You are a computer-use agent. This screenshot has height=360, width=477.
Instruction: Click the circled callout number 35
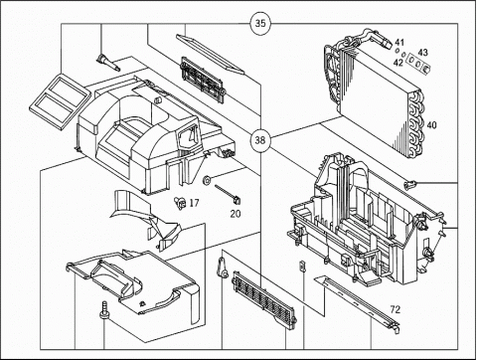point(260,24)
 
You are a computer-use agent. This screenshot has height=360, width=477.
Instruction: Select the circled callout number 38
point(260,140)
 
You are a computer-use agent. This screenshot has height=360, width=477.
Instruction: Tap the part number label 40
point(431,125)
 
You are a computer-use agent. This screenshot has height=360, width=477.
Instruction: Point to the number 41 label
point(399,43)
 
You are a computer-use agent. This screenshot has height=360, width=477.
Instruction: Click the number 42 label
point(398,63)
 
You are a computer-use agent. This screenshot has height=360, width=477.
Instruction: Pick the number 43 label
point(422,53)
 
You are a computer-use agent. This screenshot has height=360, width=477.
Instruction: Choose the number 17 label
point(194,203)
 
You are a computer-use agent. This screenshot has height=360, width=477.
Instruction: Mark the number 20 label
point(236,214)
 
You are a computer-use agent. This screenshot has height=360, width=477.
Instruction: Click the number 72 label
point(396,309)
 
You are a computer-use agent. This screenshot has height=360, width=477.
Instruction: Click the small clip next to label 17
point(180,202)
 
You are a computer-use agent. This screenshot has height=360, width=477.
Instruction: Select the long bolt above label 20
point(228,194)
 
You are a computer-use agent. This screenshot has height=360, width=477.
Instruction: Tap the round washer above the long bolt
point(208,180)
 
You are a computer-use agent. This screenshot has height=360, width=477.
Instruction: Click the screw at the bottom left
point(104,309)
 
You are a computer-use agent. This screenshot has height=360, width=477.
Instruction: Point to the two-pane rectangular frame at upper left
point(61,100)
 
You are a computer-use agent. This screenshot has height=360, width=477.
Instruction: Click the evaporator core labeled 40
point(376,92)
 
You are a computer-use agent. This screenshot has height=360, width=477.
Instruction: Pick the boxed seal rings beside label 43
point(418,63)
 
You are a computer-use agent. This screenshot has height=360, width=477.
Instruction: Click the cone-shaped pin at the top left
point(108,63)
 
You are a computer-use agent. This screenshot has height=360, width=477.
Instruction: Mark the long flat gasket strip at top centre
point(210,54)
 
